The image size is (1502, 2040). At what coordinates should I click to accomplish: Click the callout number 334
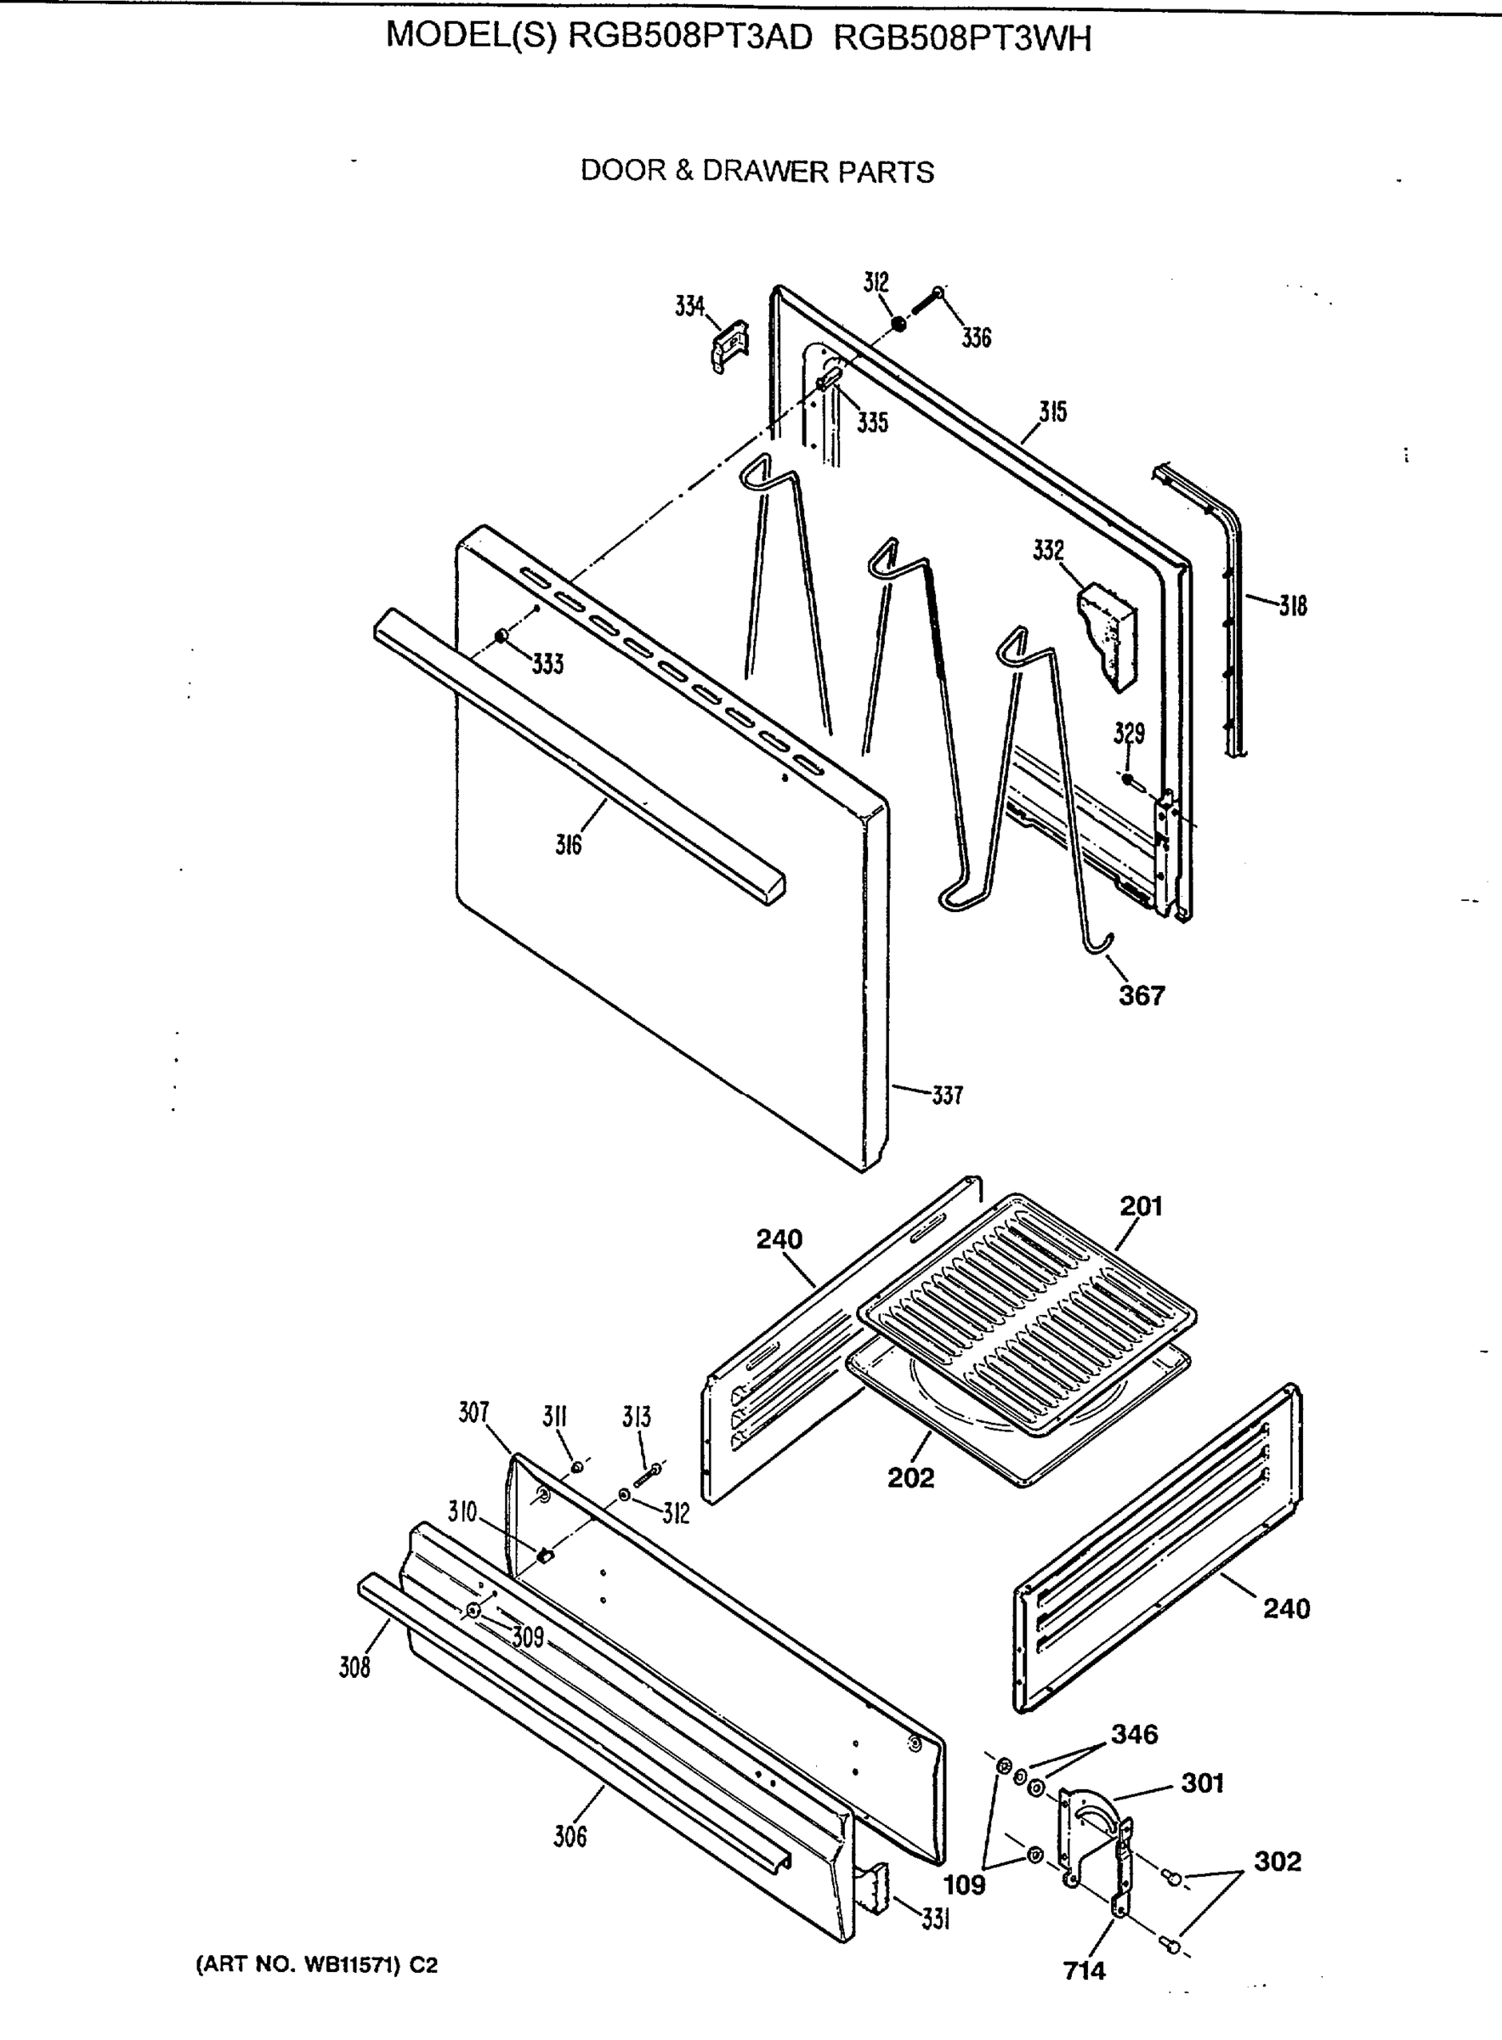(689, 306)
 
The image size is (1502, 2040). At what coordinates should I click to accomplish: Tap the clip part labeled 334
(729, 346)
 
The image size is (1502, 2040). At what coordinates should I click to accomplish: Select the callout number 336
(977, 338)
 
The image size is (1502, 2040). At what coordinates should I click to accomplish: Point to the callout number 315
(1053, 411)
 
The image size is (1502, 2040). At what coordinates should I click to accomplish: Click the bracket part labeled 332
(1108, 635)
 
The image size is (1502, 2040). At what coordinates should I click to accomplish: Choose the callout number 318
(1293, 605)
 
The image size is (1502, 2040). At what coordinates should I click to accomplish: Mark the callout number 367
(1141, 995)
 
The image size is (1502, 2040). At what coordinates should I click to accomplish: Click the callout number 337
(948, 1096)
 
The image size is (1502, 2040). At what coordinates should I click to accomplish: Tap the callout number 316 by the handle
(569, 846)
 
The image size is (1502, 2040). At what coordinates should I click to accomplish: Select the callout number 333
(547, 665)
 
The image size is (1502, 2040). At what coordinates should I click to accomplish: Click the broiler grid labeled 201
(1028, 1313)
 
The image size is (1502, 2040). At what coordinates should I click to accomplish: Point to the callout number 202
(911, 1477)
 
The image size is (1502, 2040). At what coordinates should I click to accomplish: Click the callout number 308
(354, 1666)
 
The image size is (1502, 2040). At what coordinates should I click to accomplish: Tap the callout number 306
(570, 1837)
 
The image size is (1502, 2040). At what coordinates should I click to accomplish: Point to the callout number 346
(1134, 1734)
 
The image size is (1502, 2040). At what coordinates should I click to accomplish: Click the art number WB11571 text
(315, 1965)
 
